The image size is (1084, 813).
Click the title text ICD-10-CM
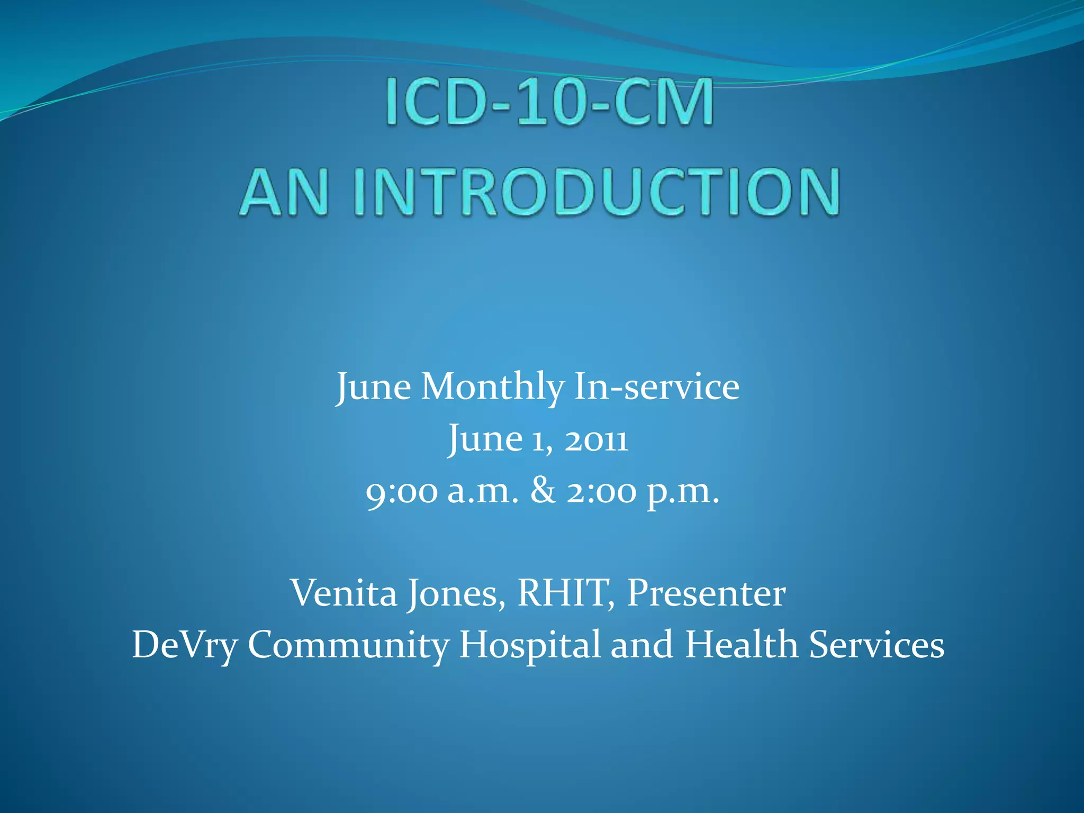(x=549, y=102)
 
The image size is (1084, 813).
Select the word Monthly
(x=492, y=387)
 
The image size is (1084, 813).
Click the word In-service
(x=656, y=387)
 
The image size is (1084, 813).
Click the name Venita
(x=344, y=593)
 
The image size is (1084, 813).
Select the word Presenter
(x=706, y=593)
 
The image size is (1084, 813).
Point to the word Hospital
(x=529, y=645)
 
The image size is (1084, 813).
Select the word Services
(x=877, y=645)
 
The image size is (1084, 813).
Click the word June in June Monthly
(x=374, y=387)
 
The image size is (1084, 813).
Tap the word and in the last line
(x=642, y=645)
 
